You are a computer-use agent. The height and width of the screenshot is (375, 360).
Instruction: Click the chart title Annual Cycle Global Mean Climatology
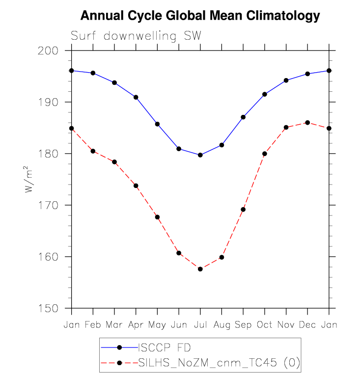tap(200, 16)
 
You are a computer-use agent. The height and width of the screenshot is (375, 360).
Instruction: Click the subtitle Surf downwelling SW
tap(136, 36)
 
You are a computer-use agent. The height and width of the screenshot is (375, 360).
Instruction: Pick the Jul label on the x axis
tap(200, 325)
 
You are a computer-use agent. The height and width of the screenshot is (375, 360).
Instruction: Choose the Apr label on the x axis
tap(136, 325)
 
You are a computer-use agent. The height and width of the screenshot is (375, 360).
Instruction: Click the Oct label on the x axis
tap(264, 325)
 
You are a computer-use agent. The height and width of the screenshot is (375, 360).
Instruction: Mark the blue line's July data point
tap(200, 155)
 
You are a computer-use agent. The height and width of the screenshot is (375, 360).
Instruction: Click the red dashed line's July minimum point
tap(200, 269)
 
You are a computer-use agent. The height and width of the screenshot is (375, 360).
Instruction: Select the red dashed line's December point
tap(307, 122)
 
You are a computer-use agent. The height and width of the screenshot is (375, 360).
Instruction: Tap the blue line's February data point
tap(93, 73)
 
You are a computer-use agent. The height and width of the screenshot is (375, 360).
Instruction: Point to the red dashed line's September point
tap(243, 210)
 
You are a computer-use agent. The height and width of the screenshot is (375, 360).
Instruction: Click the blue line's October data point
tap(265, 94)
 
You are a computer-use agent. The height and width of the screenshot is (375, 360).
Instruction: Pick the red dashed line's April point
tap(136, 186)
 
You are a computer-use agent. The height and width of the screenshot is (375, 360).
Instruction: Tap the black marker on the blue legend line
tap(119, 348)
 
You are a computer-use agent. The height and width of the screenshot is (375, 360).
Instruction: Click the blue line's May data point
tap(157, 124)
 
